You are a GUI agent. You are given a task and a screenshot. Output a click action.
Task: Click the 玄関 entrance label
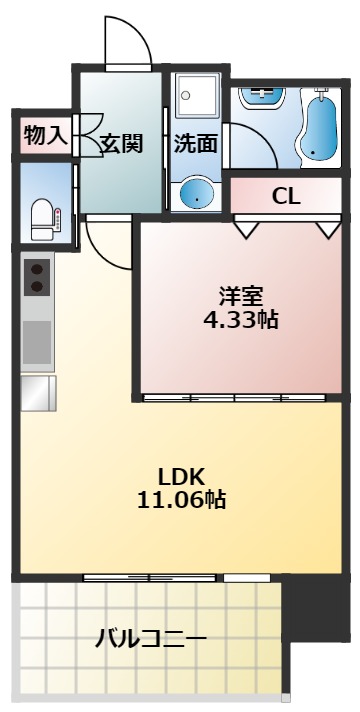120,143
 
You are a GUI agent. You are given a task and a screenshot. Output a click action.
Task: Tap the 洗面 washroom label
195,143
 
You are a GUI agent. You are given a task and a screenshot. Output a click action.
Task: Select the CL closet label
286,195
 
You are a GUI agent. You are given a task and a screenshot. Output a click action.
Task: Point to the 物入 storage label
45,136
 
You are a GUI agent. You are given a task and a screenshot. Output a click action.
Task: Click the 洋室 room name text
240,296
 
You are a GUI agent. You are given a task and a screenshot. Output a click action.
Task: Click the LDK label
181,475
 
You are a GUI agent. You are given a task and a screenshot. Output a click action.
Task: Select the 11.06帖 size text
181,500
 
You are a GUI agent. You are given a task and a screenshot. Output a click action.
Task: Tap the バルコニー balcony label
150,638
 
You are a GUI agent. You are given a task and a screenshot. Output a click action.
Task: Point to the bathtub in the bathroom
320,127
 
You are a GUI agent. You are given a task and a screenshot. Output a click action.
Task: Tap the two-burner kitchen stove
38,277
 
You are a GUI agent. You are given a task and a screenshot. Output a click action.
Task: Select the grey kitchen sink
38,341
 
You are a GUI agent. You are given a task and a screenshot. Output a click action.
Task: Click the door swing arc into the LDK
108,240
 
